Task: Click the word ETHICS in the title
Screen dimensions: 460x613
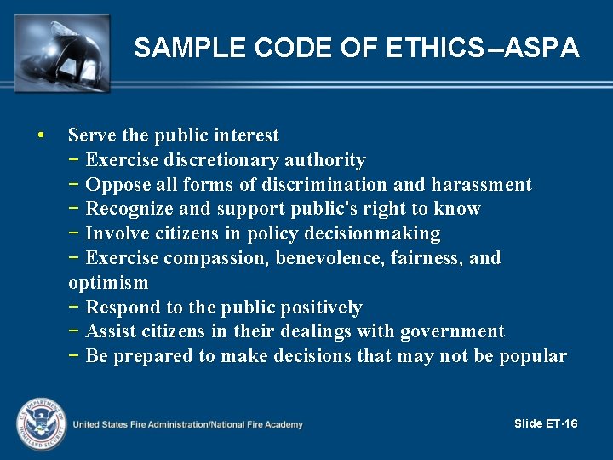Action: [x=433, y=48]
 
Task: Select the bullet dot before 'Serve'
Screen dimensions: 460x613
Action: [x=41, y=135]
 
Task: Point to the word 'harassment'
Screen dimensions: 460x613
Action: [x=481, y=185]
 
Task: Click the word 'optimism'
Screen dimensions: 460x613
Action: [x=108, y=283]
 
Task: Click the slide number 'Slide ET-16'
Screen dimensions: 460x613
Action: [x=547, y=424]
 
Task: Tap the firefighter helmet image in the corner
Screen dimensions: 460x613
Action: [x=62, y=51]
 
